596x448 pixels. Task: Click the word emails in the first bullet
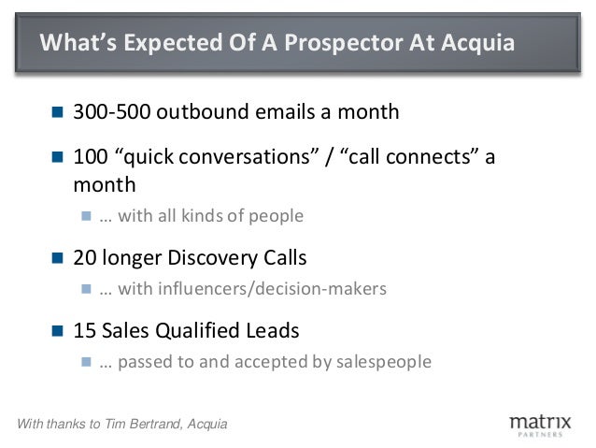pyautogui.click(x=276, y=112)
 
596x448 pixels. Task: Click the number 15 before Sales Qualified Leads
pyautogui.click(x=84, y=330)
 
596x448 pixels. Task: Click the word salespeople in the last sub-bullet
pyautogui.click(x=383, y=362)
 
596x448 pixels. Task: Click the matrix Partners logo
pyautogui.click(x=539, y=425)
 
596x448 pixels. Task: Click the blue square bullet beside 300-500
pyautogui.click(x=57, y=113)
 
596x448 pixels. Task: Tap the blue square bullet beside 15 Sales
pyautogui.click(x=57, y=331)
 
